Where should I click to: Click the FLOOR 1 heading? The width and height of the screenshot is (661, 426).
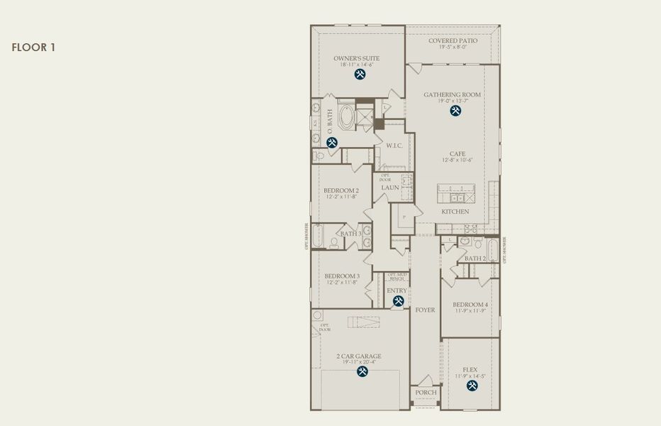click(33, 48)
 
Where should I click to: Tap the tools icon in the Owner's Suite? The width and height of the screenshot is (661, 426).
click(360, 74)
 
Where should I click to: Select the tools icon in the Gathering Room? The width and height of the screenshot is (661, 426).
click(454, 111)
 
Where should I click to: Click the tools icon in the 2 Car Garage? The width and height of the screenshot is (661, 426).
click(362, 371)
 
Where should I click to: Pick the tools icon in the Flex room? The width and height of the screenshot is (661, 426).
click(472, 386)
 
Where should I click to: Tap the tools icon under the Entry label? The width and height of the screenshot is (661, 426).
click(398, 301)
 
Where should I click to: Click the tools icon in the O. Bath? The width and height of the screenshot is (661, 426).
click(332, 143)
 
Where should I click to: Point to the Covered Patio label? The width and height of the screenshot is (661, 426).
click(452, 41)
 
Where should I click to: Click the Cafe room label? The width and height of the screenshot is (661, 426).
click(457, 153)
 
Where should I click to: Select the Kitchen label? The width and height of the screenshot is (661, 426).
click(455, 212)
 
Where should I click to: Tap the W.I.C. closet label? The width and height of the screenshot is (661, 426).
click(394, 146)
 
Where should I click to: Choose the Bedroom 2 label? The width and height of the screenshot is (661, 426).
click(341, 190)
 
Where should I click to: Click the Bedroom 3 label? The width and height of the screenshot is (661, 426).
click(342, 276)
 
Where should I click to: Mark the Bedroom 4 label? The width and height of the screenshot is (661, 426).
click(470, 305)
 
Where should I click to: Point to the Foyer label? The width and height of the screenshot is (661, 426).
click(425, 310)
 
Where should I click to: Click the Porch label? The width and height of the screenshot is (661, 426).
click(426, 393)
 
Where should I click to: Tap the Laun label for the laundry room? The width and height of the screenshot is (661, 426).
click(390, 187)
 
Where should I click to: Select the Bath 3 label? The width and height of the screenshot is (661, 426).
click(350, 234)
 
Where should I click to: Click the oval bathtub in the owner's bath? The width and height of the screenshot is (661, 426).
click(347, 117)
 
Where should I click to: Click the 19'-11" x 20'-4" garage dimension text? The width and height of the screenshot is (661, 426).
click(359, 362)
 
